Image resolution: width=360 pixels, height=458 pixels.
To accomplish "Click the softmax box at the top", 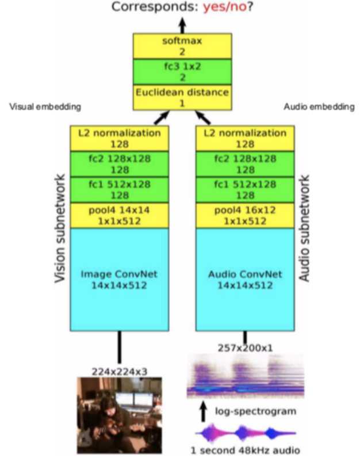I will click(x=182, y=45).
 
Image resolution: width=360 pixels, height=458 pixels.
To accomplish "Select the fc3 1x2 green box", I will click(x=182, y=71).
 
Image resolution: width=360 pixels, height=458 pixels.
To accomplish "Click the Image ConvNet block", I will click(x=120, y=280).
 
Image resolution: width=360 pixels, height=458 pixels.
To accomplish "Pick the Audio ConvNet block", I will click(x=246, y=280).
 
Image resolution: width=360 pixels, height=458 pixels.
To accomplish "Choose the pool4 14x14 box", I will click(x=120, y=216).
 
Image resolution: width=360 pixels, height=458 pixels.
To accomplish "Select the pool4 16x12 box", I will click(x=246, y=216).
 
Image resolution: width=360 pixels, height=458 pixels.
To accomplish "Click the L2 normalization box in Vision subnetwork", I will click(x=120, y=138).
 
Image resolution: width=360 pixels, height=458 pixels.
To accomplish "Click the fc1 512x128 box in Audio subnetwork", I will click(x=246, y=190).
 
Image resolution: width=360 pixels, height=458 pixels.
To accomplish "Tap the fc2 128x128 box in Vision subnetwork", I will click(x=120, y=164).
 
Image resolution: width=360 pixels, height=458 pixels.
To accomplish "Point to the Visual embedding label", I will click(x=45, y=107).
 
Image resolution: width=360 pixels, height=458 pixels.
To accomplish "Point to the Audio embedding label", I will click(x=319, y=107).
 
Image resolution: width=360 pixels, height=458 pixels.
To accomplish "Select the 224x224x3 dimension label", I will click(x=120, y=371).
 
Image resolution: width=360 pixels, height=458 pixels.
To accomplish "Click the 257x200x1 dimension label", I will click(x=245, y=348).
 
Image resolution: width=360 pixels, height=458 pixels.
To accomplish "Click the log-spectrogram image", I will click(x=246, y=377).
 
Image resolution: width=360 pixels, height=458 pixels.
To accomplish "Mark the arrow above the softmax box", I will click(x=182, y=24).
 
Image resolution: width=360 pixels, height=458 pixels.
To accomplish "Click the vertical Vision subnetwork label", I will click(x=59, y=236).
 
